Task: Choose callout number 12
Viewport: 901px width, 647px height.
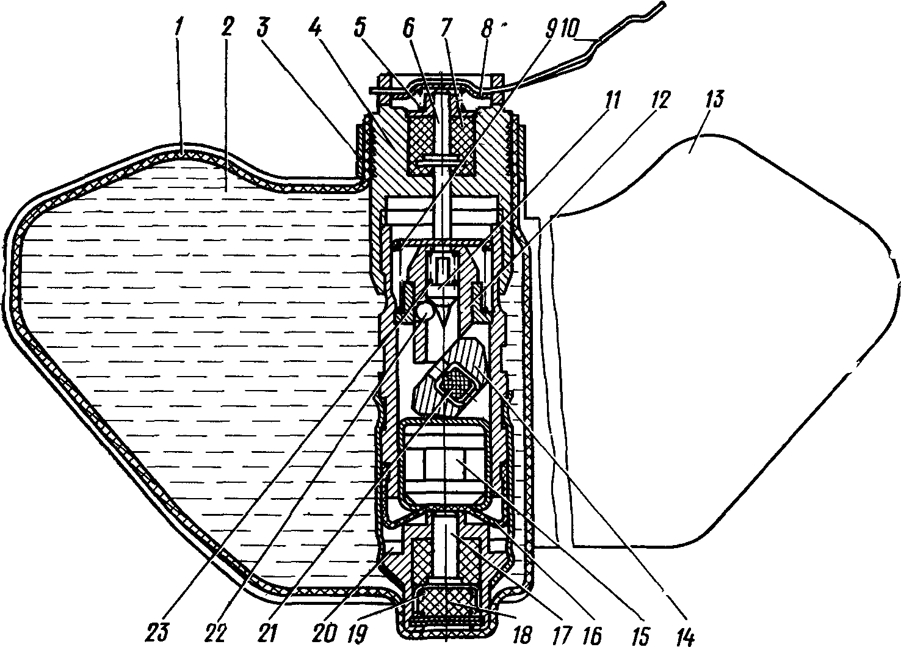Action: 662,100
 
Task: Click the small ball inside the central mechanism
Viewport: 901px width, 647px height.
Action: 425,313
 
